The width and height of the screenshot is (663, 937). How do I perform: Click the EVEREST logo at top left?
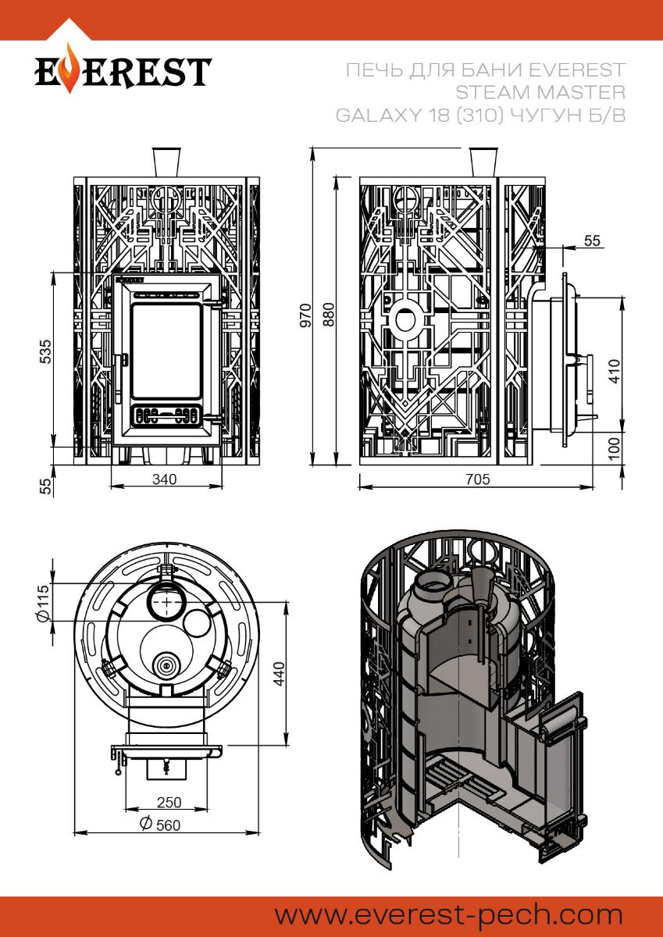tap(123, 72)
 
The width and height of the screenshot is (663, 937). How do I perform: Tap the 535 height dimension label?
tap(46, 354)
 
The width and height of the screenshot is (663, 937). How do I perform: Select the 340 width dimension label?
tap(164, 479)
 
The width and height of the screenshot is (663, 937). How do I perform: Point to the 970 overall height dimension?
tap(305, 314)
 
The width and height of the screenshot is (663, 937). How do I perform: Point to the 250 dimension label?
tap(169, 802)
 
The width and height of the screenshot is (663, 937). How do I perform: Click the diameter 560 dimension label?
tap(159, 825)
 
